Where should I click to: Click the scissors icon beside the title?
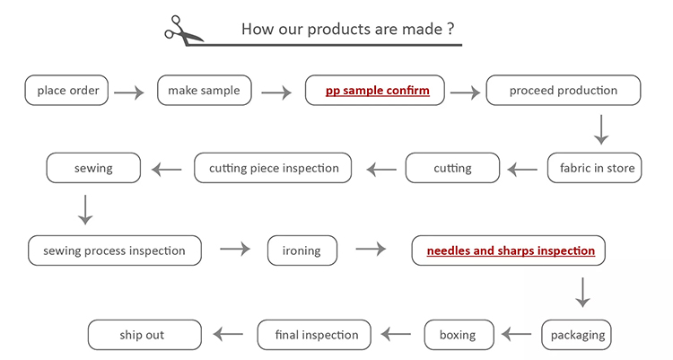(183, 31)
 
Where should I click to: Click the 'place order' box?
(66, 90)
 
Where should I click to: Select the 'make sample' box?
(205, 90)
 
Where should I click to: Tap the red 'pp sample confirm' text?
(377, 91)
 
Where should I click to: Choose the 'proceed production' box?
(564, 90)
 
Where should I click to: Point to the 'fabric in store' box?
(594, 168)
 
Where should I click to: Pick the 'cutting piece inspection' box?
(273, 168)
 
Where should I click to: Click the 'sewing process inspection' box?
(115, 250)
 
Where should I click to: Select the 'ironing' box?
(302, 250)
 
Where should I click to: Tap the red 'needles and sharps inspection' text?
(511, 250)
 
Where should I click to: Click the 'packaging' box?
(576, 335)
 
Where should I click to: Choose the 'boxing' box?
(459, 335)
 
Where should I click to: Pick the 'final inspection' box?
(314, 335)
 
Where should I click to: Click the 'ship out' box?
(144, 335)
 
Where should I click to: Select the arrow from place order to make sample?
(129, 92)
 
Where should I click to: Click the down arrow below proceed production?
(601, 130)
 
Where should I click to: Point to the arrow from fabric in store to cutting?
(522, 170)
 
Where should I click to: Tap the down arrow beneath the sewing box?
(85, 210)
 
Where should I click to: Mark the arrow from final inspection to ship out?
(228, 334)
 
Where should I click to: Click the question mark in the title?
(450, 29)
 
